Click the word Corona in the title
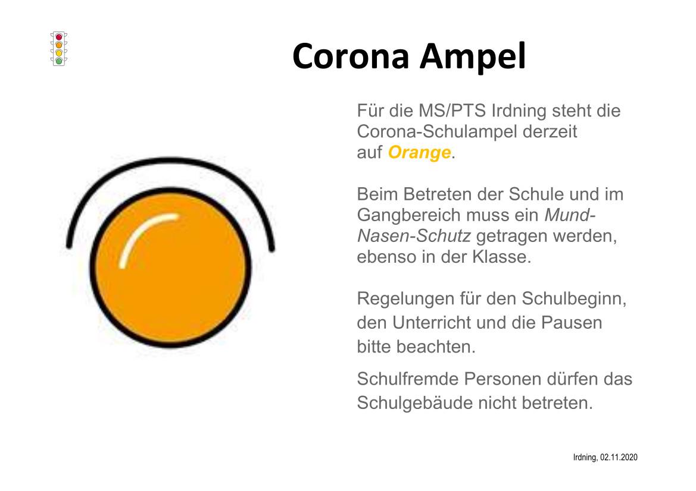tap(351, 56)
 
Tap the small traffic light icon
tap(58, 49)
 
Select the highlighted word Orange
tap(420, 152)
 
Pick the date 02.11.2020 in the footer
tap(619, 457)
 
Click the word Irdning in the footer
tap(585, 458)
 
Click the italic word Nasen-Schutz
tap(414, 236)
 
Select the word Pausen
tap(572, 323)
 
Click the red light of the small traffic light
tap(58, 37)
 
